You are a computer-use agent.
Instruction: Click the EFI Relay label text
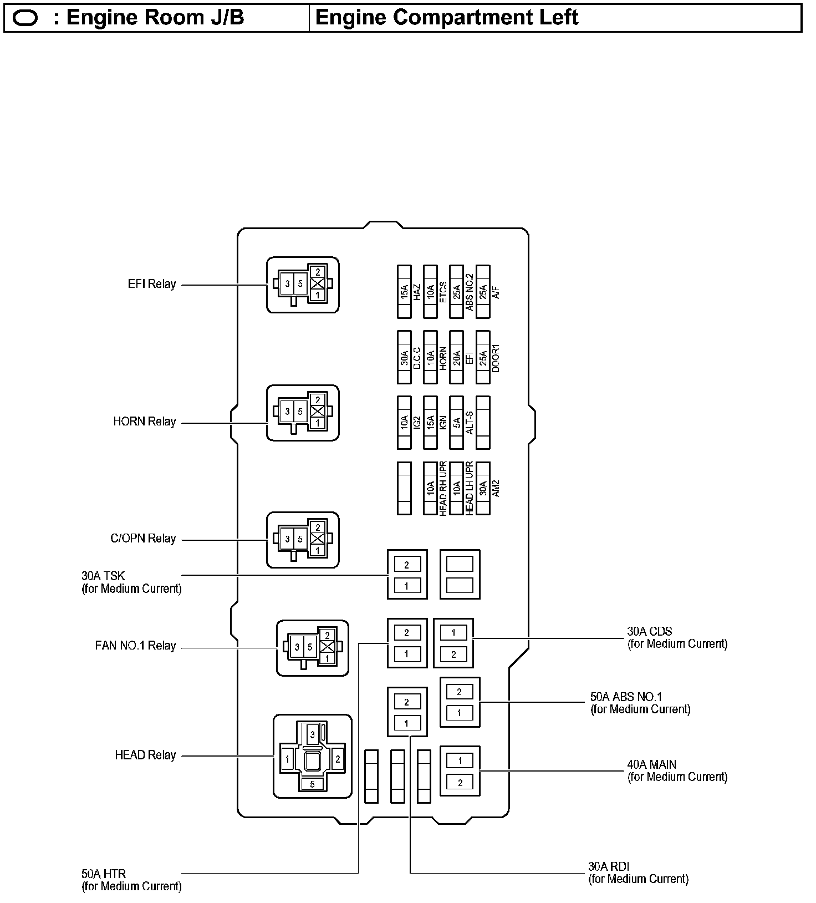(151, 284)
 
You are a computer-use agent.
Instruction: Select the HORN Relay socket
(303, 413)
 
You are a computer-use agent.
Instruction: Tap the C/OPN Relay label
(142, 539)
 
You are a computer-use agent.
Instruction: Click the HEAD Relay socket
(312, 756)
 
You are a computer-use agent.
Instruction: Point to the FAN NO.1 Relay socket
(313, 647)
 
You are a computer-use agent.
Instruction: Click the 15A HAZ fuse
(404, 291)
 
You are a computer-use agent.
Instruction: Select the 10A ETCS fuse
(430, 291)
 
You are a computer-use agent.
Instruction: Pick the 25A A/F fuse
(483, 291)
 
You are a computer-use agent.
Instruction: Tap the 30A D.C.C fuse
(404, 357)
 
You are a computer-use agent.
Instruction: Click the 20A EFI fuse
(456, 357)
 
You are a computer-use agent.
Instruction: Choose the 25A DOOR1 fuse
(483, 357)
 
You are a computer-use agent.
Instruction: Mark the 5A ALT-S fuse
(456, 422)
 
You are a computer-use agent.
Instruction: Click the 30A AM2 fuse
(483, 488)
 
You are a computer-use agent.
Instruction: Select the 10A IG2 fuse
(404, 422)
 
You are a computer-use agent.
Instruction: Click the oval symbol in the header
(25, 18)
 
